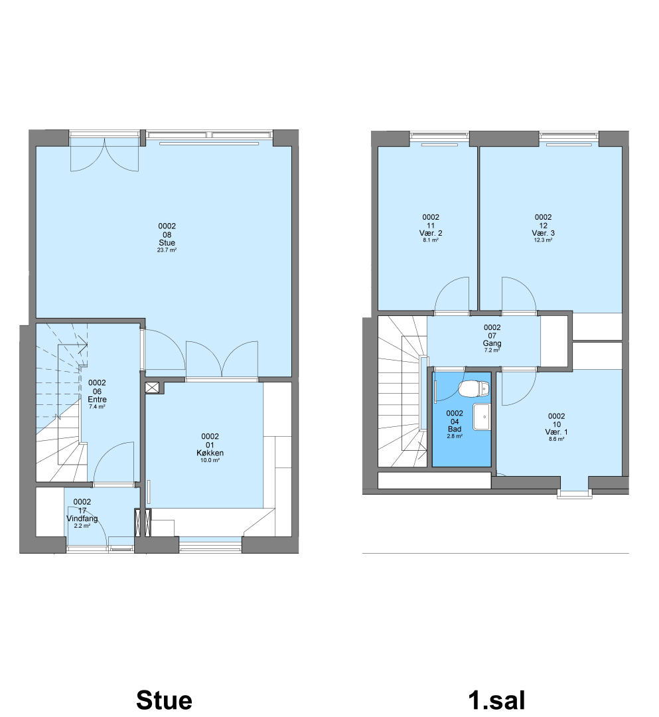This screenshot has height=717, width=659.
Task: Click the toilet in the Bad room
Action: [474, 389]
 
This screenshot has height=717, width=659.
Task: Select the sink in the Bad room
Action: [481, 416]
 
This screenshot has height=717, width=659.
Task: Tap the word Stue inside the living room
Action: [167, 243]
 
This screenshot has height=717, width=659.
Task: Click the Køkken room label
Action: [210, 453]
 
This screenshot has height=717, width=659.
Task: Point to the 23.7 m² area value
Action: [167, 250]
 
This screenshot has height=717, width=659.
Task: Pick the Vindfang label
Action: [82, 518]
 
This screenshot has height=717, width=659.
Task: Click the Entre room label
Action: [97, 399]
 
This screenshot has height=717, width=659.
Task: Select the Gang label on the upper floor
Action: [492, 343]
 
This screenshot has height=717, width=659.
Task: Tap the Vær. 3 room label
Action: [543, 233]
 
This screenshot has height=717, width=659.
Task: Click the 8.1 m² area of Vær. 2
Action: [431, 240]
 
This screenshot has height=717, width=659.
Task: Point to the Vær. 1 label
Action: [556, 432]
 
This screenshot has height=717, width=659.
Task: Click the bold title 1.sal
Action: [497, 700]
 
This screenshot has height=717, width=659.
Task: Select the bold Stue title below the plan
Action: [164, 700]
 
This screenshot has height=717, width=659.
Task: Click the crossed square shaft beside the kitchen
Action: [152, 388]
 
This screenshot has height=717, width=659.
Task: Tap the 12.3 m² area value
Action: [543, 240]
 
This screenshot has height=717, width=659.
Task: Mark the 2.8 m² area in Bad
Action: [455, 436]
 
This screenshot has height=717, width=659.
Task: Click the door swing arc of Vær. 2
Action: [441, 287]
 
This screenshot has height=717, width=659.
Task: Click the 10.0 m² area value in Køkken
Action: [210, 461]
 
